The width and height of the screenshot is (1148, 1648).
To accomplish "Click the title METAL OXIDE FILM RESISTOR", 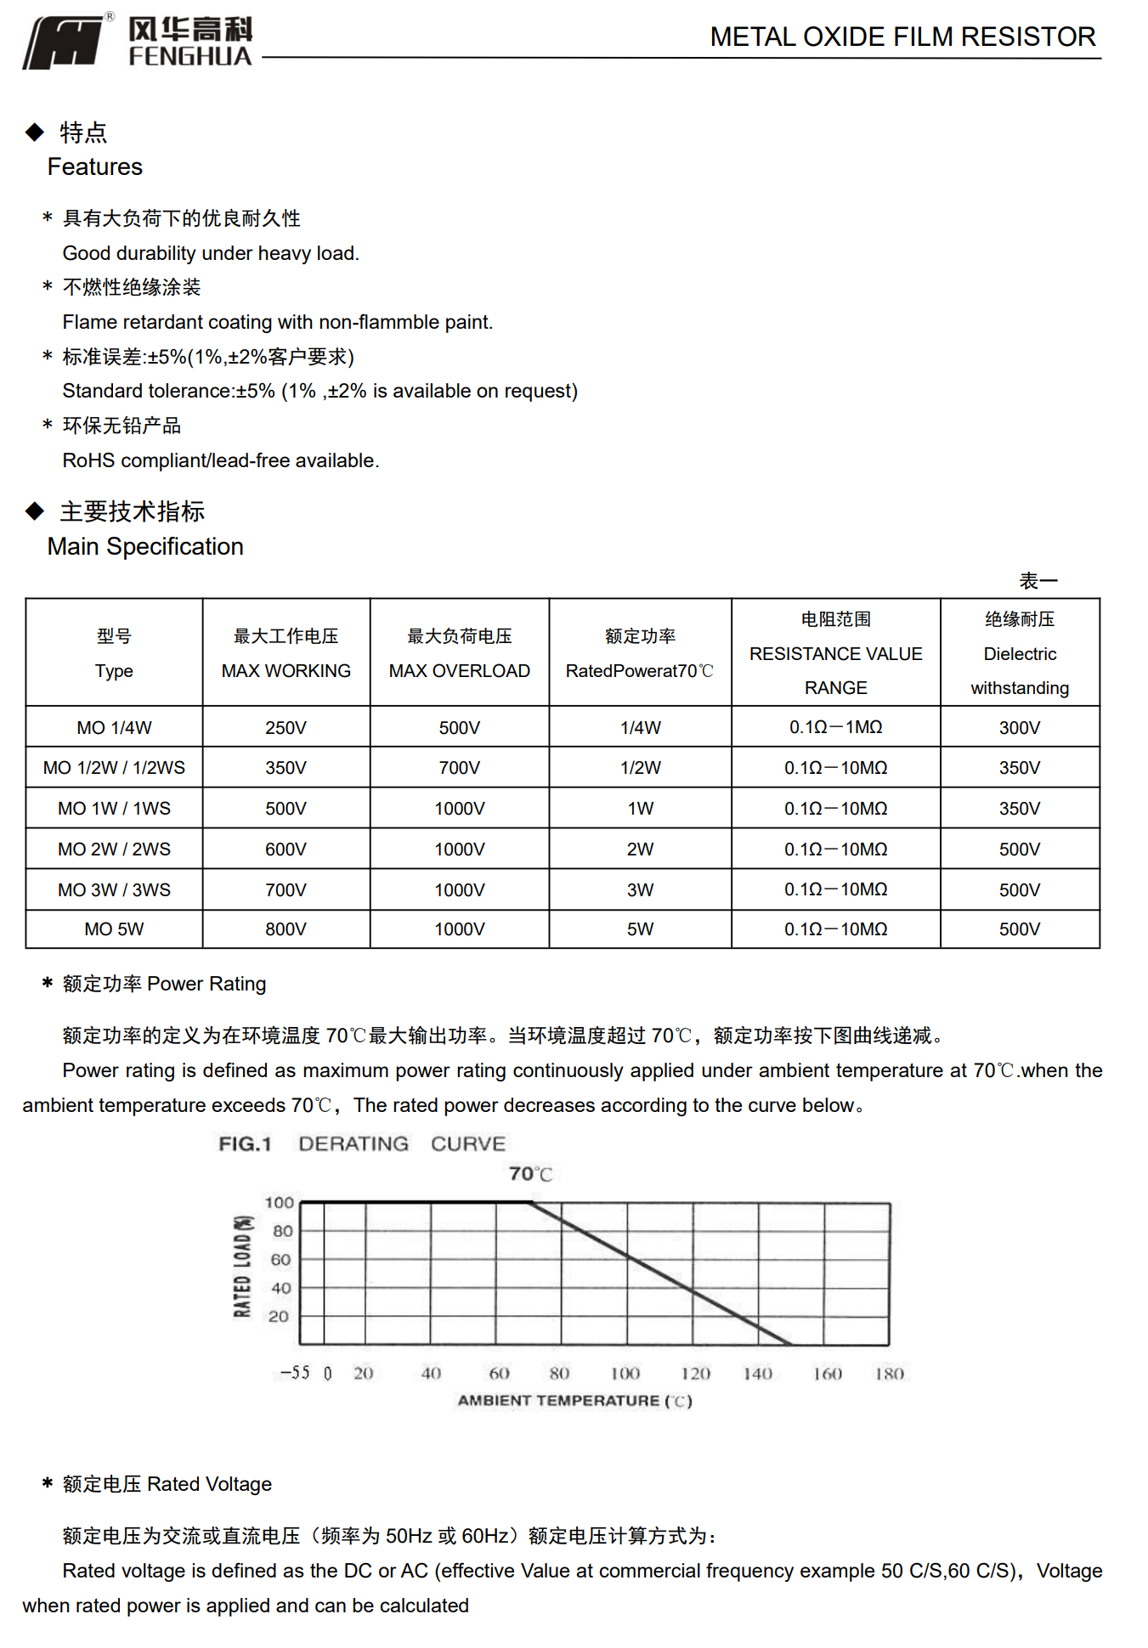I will pos(902,37).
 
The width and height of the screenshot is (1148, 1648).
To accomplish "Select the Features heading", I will pos(94,166).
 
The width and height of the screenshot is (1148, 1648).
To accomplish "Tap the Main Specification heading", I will pos(145,546).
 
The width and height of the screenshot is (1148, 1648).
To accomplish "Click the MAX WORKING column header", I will pos(286,670).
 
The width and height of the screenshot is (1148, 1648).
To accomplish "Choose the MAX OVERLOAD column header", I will pos(459,670).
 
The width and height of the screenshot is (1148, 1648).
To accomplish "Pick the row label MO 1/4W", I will pos(114,728).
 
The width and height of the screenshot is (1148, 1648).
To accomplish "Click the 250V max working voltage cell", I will pos(286,728).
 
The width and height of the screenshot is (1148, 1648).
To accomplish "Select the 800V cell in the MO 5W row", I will pos(286,929).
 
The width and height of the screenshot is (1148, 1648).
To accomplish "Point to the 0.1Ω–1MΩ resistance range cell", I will pos(835,728).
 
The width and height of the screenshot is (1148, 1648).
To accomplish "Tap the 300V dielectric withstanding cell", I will pos(1019,728).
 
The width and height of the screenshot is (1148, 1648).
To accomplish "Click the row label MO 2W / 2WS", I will pos(114,849).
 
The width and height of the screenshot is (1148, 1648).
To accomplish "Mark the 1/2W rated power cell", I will pos(640,768).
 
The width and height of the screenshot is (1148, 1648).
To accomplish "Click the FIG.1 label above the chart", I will pos(245,1144).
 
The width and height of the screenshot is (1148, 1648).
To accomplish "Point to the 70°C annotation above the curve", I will pos(530,1174).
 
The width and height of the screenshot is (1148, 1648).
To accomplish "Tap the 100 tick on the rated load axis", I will pos(279,1203).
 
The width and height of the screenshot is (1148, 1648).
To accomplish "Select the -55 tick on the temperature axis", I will pos(295,1373).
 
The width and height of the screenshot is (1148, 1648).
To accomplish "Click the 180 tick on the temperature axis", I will pos(889,1374).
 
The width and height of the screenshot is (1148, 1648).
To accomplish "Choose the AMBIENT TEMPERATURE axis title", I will pos(574,1401).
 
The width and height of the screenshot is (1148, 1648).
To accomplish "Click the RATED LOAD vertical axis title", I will pos(243,1267).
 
